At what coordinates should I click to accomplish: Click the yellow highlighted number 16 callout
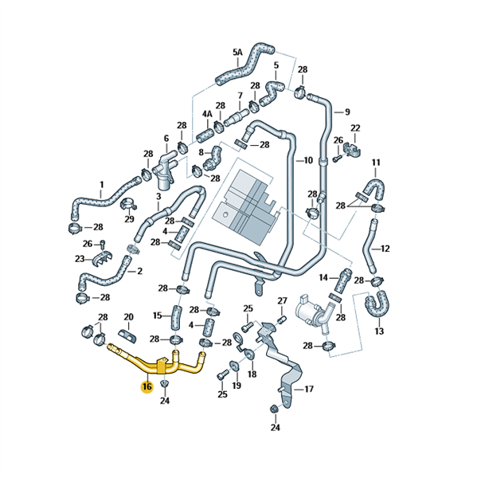(x=147, y=387)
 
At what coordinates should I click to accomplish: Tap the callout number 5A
(x=237, y=53)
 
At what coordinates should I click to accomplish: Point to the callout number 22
(x=355, y=128)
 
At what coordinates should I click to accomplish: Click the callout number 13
(x=378, y=331)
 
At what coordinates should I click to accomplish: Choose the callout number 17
(x=309, y=390)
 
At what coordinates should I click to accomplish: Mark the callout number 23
(x=80, y=259)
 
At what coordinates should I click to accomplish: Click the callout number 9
(x=347, y=112)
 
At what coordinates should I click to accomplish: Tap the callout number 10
(x=307, y=160)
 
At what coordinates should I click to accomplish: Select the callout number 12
(x=385, y=249)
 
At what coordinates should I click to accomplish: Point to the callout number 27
(x=282, y=300)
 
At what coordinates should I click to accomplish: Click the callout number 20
(x=128, y=317)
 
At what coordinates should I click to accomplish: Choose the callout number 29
(x=129, y=220)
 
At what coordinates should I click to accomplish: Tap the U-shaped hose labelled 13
(x=377, y=304)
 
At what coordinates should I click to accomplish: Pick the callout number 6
(x=166, y=139)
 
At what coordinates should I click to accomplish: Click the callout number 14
(x=324, y=277)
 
